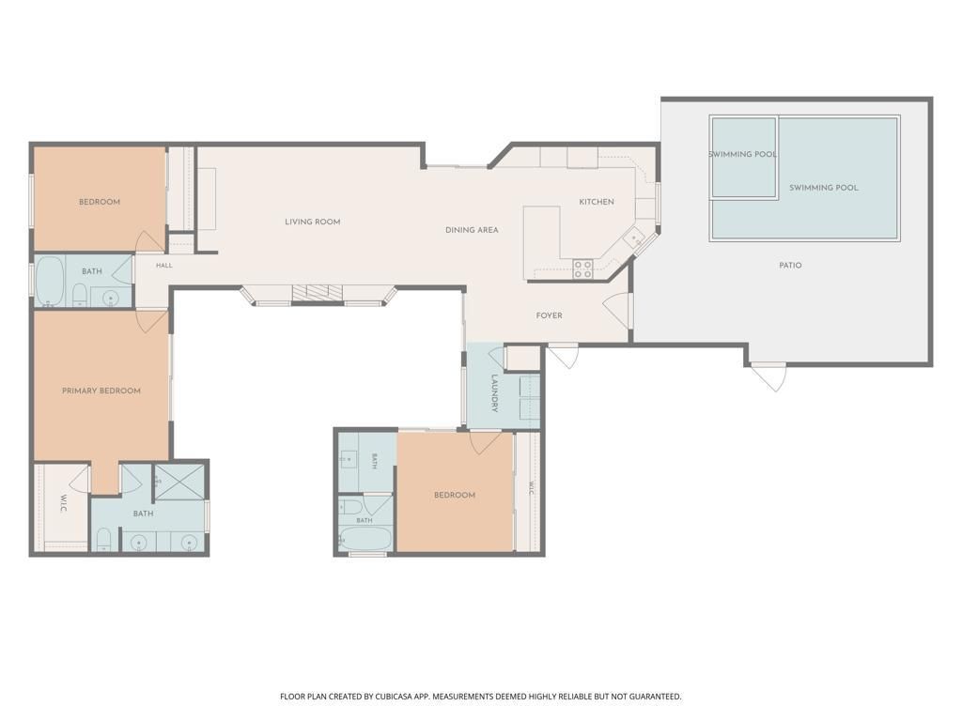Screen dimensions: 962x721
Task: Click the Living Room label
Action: coord(312,222)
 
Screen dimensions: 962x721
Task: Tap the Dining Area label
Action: coord(472,230)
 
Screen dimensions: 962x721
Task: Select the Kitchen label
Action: coord(597,202)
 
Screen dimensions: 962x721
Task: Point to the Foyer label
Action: coord(549,315)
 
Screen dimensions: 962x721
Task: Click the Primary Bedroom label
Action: coord(101,391)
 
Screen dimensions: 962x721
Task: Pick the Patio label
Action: coord(790,266)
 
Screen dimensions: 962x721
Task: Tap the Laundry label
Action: coord(494,393)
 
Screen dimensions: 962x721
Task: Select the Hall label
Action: coord(163,266)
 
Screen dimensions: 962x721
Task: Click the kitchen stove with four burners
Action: coord(582,269)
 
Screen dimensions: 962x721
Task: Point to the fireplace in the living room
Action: coord(318,293)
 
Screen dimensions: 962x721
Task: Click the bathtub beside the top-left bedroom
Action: coord(51,282)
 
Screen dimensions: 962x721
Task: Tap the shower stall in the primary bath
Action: coord(178,482)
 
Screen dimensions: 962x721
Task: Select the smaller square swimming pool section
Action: coord(744,157)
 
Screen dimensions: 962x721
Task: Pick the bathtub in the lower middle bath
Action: coord(365,539)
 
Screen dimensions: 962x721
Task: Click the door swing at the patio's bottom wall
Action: coord(769,376)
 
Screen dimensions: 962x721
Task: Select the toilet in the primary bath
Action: coord(103,539)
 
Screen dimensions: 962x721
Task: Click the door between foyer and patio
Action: coord(617,310)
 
